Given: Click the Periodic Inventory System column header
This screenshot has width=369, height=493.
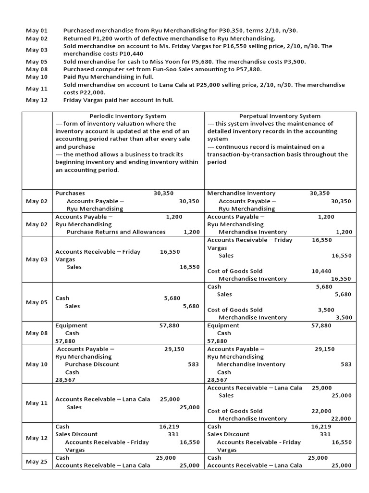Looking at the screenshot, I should point(128,116).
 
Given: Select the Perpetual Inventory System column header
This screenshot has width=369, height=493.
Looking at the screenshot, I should point(280,116).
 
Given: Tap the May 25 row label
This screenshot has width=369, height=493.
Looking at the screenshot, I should point(37,462).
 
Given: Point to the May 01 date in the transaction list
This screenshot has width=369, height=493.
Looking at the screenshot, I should point(37,31).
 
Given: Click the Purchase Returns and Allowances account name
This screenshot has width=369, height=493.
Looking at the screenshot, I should point(116,232).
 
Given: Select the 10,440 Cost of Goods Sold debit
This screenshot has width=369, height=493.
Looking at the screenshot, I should point(321,271).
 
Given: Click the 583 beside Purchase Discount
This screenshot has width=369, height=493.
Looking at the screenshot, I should point(193,364).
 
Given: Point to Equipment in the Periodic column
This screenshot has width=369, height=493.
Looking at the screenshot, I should point(71,325).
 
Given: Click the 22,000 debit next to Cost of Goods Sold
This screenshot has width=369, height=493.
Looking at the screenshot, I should point(321,411).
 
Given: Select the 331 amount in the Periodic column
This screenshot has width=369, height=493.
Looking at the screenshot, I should point(173,434).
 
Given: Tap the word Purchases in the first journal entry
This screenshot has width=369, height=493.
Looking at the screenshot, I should point(70,193).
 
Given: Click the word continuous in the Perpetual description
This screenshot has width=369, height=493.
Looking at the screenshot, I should point(232,147).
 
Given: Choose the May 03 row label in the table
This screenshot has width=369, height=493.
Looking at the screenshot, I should point(37,259).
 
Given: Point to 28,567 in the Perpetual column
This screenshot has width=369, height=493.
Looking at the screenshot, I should point(217,380).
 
